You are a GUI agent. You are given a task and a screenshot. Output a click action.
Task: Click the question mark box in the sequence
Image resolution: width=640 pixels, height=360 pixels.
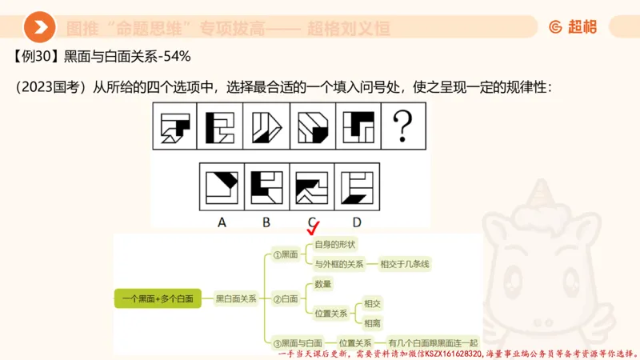point(403,126)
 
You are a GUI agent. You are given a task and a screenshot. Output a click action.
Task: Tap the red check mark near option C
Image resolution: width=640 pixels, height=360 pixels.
point(314,230)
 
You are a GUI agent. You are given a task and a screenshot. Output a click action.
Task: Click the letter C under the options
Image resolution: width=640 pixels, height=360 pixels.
point(311,221)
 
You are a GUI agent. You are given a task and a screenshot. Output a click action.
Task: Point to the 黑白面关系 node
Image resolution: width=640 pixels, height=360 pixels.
point(236,298)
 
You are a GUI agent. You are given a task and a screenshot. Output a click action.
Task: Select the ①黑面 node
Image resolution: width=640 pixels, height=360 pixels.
point(286,254)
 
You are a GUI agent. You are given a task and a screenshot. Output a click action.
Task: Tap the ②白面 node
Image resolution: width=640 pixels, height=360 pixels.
point(286,298)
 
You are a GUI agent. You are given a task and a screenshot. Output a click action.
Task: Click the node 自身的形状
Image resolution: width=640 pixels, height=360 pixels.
point(334,244)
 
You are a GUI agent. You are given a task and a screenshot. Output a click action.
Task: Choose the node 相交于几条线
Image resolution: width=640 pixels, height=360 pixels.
point(410,263)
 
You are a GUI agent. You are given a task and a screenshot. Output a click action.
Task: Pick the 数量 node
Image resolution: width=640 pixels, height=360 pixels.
point(323,283)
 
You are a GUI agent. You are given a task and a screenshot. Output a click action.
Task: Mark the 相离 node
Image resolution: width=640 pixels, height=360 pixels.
point(372,323)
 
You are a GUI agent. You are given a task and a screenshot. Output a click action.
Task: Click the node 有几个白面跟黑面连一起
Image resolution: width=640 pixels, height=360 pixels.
point(432,342)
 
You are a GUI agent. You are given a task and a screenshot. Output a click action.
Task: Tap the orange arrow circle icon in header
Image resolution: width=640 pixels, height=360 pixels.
point(39,28)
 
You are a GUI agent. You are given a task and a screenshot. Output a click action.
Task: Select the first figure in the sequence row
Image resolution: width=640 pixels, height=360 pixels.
point(178,126)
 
